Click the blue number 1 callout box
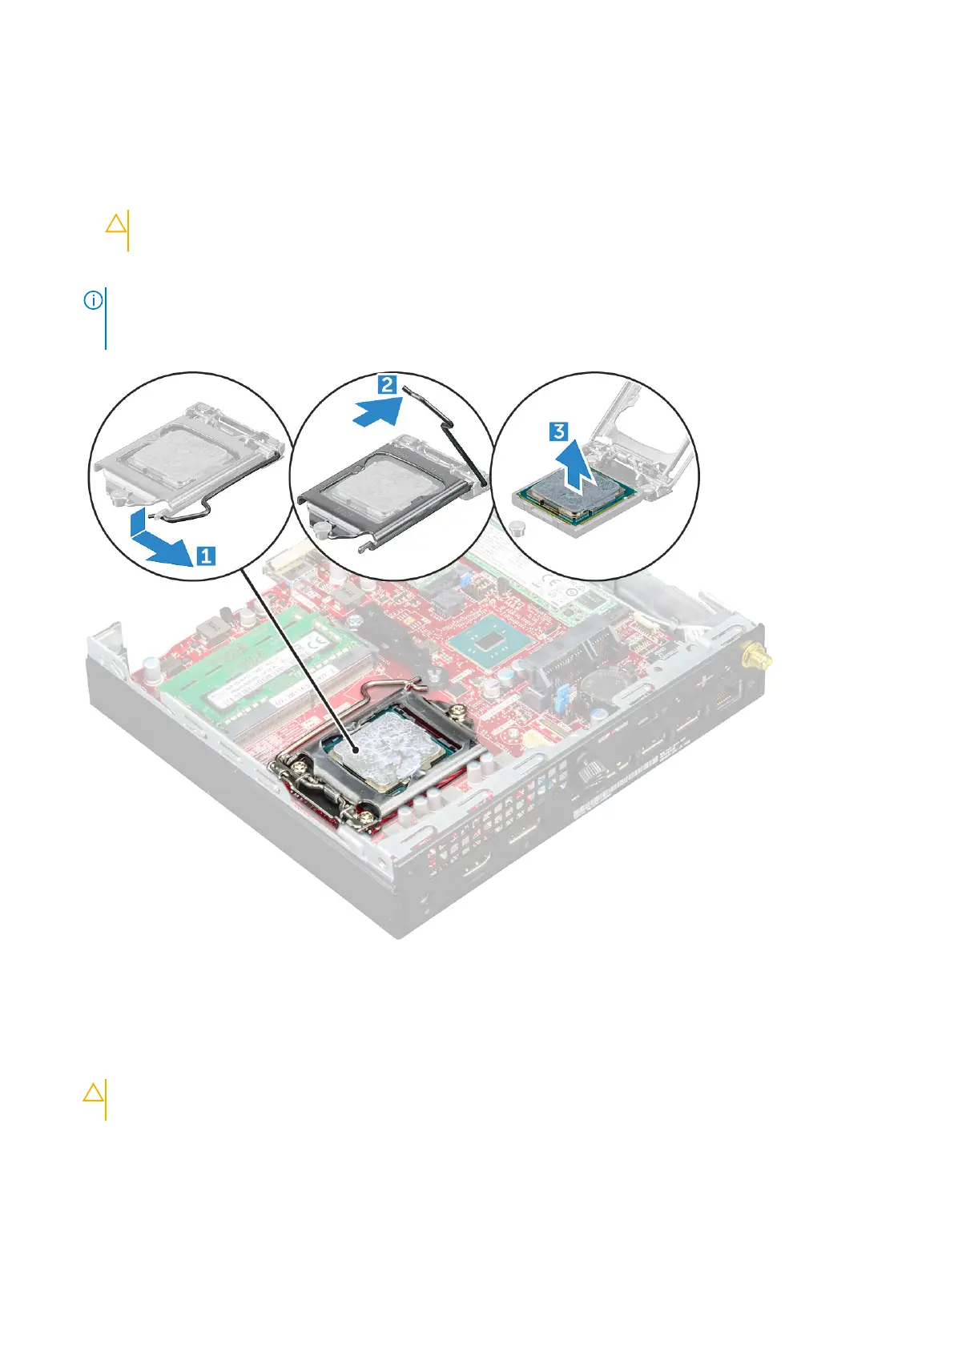206,555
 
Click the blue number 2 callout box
387,385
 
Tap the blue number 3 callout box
558,431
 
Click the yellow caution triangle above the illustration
116,223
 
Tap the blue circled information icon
93,301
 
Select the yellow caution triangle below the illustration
93,1092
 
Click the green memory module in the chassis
264,664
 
